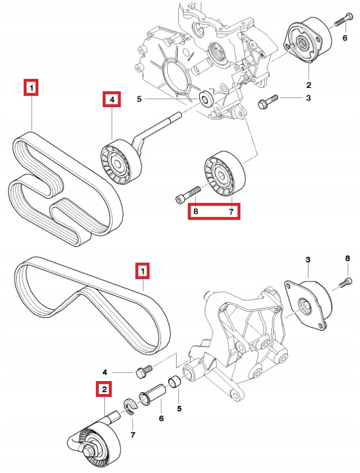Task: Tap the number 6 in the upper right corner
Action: (x=345, y=38)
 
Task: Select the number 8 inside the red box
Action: (x=196, y=211)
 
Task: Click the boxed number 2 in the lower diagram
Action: (x=104, y=388)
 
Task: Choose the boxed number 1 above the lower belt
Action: (x=143, y=272)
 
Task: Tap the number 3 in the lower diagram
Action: (x=308, y=259)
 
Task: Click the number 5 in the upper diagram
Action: (x=139, y=100)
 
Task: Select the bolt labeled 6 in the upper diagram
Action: (x=340, y=23)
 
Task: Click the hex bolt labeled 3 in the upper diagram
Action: (x=266, y=103)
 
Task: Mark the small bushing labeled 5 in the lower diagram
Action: (x=174, y=381)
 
